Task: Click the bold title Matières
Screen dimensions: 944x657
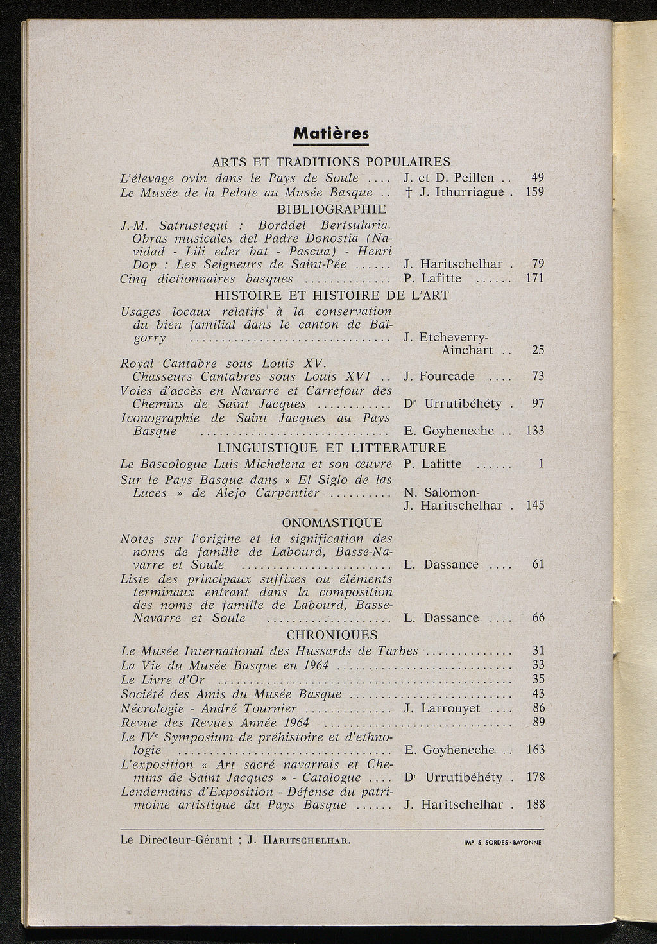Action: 331,133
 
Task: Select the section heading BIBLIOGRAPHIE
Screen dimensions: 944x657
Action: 332,209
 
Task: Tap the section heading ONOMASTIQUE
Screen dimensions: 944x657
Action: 332,522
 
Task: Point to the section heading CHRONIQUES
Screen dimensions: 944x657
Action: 332,635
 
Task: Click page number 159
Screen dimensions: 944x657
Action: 534,192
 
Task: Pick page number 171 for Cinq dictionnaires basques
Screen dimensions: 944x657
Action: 534,278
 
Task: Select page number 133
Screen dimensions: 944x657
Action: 534,431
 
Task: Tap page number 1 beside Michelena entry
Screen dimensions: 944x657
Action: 541,463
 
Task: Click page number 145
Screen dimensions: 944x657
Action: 534,506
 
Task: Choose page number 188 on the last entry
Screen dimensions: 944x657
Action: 534,804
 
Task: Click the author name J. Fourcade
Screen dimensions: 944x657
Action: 439,376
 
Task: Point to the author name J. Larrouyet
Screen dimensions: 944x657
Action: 443,708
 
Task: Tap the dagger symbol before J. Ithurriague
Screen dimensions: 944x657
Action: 409,192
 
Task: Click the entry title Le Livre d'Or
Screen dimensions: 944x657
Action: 162,680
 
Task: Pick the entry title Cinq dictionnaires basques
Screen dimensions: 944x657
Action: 206,279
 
